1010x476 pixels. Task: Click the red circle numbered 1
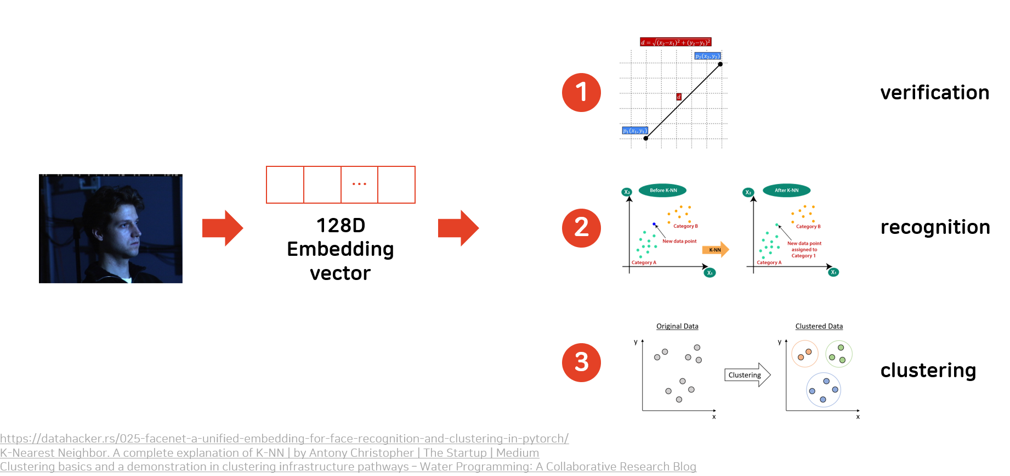pyautogui.click(x=581, y=92)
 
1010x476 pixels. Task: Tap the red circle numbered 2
pyautogui.click(x=581, y=228)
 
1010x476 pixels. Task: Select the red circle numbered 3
pyautogui.click(x=581, y=362)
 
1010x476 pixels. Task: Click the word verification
pyautogui.click(x=934, y=93)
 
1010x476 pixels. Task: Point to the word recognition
pyautogui.click(x=935, y=227)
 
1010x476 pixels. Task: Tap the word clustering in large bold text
pyautogui.click(x=928, y=371)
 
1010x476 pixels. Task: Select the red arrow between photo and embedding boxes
pyautogui.click(x=222, y=228)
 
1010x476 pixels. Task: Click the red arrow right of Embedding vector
pyautogui.click(x=458, y=228)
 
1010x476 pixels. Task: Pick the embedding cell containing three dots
pyautogui.click(x=359, y=184)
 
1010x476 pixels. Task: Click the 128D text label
pyautogui.click(x=341, y=225)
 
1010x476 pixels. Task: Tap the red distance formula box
pyautogui.click(x=676, y=42)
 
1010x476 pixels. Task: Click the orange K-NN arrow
pyautogui.click(x=715, y=250)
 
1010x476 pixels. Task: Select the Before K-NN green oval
pyautogui.click(x=663, y=191)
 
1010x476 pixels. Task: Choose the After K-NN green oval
pyautogui.click(x=786, y=191)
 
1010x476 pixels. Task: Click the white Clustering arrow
pyautogui.click(x=747, y=375)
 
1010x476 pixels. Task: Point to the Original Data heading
pyautogui.click(x=677, y=326)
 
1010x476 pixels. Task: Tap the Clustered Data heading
pyautogui.click(x=819, y=326)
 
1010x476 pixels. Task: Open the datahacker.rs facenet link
pyautogui.click(x=284, y=439)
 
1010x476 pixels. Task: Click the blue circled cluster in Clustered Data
pyautogui.click(x=824, y=390)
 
